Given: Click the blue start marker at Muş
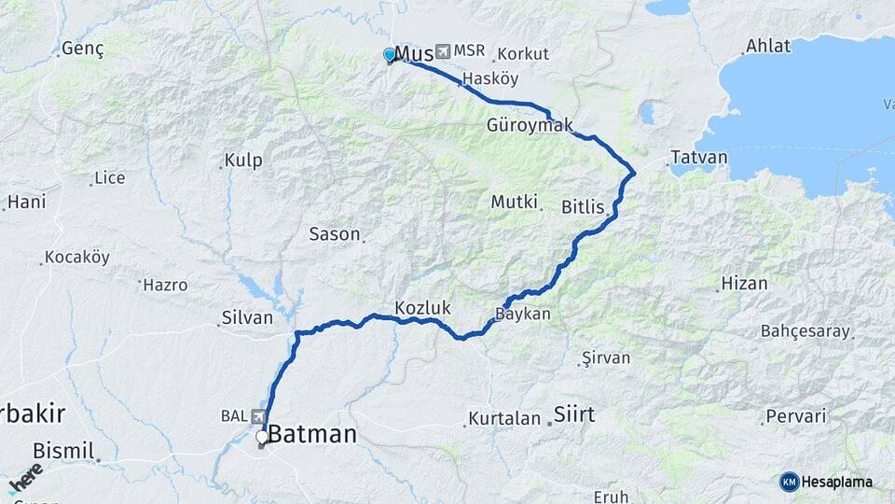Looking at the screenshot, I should (390, 55).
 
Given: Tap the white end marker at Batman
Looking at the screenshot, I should (263, 436).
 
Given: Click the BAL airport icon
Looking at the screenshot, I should (256, 416).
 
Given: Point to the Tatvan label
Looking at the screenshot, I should (699, 157).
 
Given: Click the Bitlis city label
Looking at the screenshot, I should (584, 206).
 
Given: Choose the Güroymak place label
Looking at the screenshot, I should (530, 124).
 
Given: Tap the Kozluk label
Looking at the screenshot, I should (422, 307).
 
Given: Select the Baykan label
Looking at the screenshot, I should (523, 315).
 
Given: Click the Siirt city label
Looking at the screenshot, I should (574, 413).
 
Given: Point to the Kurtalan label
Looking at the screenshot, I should (504, 418).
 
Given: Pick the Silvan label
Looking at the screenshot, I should (247, 317).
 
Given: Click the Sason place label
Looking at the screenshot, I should (334, 234).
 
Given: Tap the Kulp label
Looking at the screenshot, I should (244, 161).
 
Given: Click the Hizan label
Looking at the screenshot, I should (744, 284).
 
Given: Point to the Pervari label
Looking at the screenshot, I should (797, 416).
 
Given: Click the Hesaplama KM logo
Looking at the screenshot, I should (826, 482).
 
